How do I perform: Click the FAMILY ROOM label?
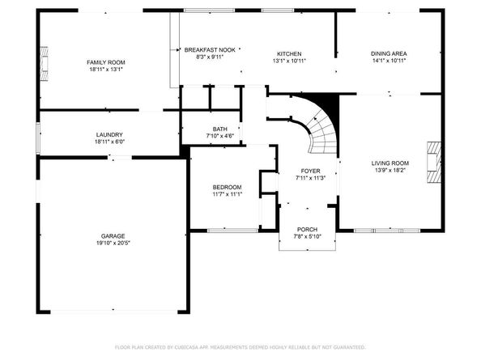coord(107,62)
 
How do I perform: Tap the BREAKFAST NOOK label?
coord(210,50)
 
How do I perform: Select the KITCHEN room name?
coord(289,53)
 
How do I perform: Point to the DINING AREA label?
coord(389,53)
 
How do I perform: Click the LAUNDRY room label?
coord(109,135)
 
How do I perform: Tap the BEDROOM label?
coord(228,188)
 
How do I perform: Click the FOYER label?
coord(311,172)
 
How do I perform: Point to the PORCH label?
coord(307,230)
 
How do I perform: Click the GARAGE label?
coord(113,236)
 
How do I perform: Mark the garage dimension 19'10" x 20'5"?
coord(113,243)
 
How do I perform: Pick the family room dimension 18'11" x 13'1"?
coord(107,69)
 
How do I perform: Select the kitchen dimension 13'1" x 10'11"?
coord(289,60)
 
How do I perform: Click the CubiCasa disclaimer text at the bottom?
coord(240,347)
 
